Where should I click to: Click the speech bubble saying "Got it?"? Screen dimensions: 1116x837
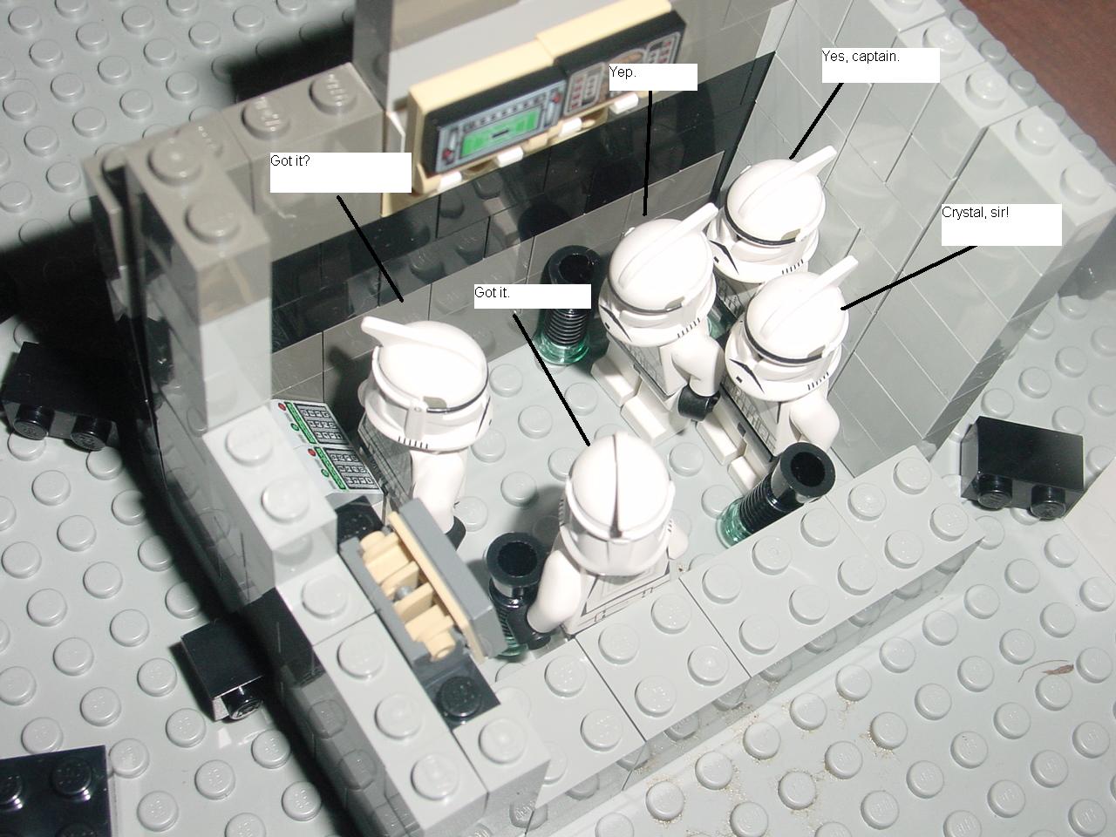point(340,173)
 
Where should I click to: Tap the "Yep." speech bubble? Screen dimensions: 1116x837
point(653,78)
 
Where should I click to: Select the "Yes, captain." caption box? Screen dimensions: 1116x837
point(881,65)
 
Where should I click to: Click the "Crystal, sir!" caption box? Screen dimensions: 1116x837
point(1002,225)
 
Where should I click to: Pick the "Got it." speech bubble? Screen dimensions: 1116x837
point(533,296)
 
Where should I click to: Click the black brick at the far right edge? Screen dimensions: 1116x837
point(1022,465)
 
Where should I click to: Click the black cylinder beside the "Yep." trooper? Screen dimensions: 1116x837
point(569,305)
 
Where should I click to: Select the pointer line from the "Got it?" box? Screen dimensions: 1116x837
point(371,248)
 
